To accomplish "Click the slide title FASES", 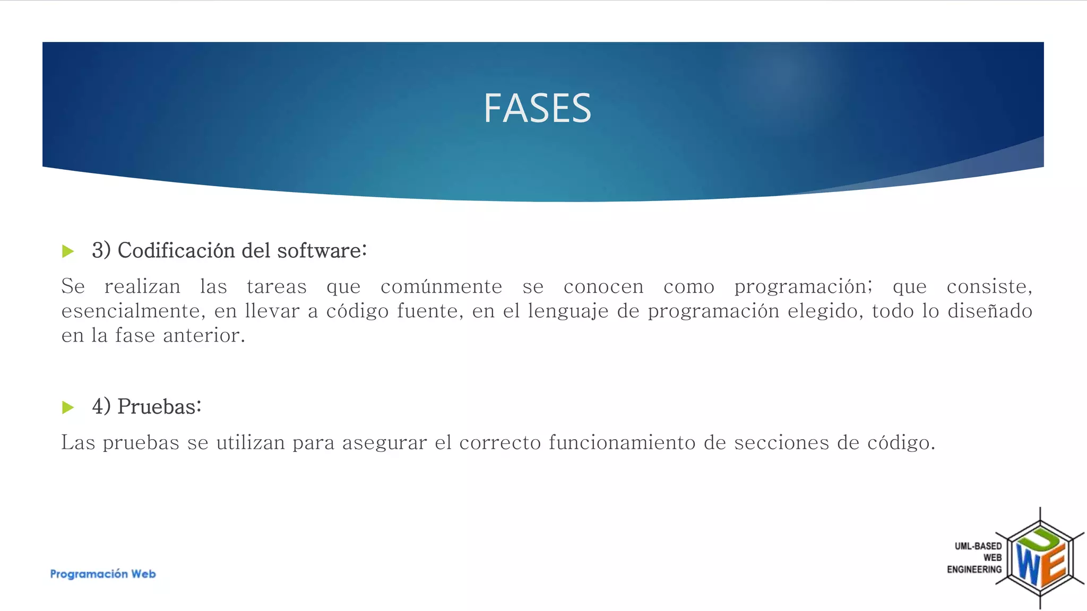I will pos(537,108).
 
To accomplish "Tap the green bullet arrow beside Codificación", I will pos(68,251).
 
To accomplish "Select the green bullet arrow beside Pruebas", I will pos(68,407).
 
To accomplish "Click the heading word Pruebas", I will pos(159,407).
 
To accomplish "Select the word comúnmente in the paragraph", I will pos(441,286).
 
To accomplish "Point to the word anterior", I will pos(204,335).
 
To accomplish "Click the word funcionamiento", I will pos(622,442).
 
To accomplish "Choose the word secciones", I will pos(781,442).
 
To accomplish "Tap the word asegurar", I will pos(384,442).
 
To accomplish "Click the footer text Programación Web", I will pos(103,574).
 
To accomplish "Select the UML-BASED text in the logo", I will pos(978,546).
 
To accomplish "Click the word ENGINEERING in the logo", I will pos(974,569).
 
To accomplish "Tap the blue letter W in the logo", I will pos(1028,565).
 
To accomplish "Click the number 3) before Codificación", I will pos(101,250).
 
